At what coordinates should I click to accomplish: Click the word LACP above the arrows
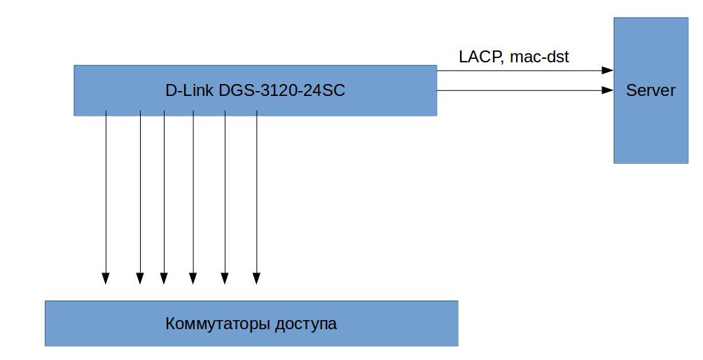pyautogui.click(x=478, y=57)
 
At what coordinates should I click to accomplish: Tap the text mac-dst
pyautogui.click(x=540, y=57)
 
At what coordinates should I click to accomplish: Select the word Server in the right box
pyautogui.click(x=650, y=90)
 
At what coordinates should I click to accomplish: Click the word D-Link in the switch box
pyautogui.click(x=189, y=90)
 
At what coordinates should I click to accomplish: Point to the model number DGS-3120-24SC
pyautogui.click(x=282, y=90)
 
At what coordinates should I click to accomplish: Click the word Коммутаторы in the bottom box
pyautogui.click(x=218, y=324)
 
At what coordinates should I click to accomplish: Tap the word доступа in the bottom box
pyautogui.click(x=306, y=324)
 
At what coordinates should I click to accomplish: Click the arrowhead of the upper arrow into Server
pyautogui.click(x=608, y=70)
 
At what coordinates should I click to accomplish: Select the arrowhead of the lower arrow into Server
pyautogui.click(x=608, y=90)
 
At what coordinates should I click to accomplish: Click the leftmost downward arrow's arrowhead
pyautogui.click(x=105, y=278)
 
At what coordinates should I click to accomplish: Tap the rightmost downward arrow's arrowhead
pyautogui.click(x=256, y=278)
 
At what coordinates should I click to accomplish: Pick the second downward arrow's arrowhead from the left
pyautogui.click(x=140, y=278)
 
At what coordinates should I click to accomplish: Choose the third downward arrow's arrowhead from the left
pyautogui.click(x=164, y=278)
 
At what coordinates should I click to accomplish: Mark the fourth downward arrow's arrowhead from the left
pyautogui.click(x=193, y=278)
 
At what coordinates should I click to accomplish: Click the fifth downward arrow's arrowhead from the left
pyautogui.click(x=225, y=278)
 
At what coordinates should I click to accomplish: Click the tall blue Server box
pyautogui.click(x=651, y=90)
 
